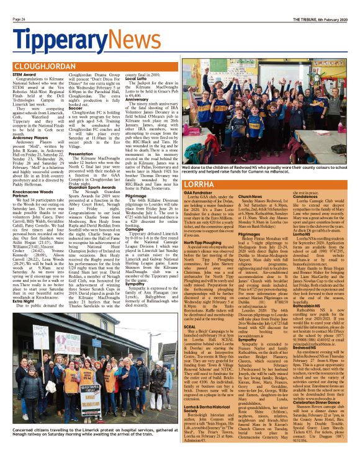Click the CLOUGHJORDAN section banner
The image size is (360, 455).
coord(44,65)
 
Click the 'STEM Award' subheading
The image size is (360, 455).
coord(24,74)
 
